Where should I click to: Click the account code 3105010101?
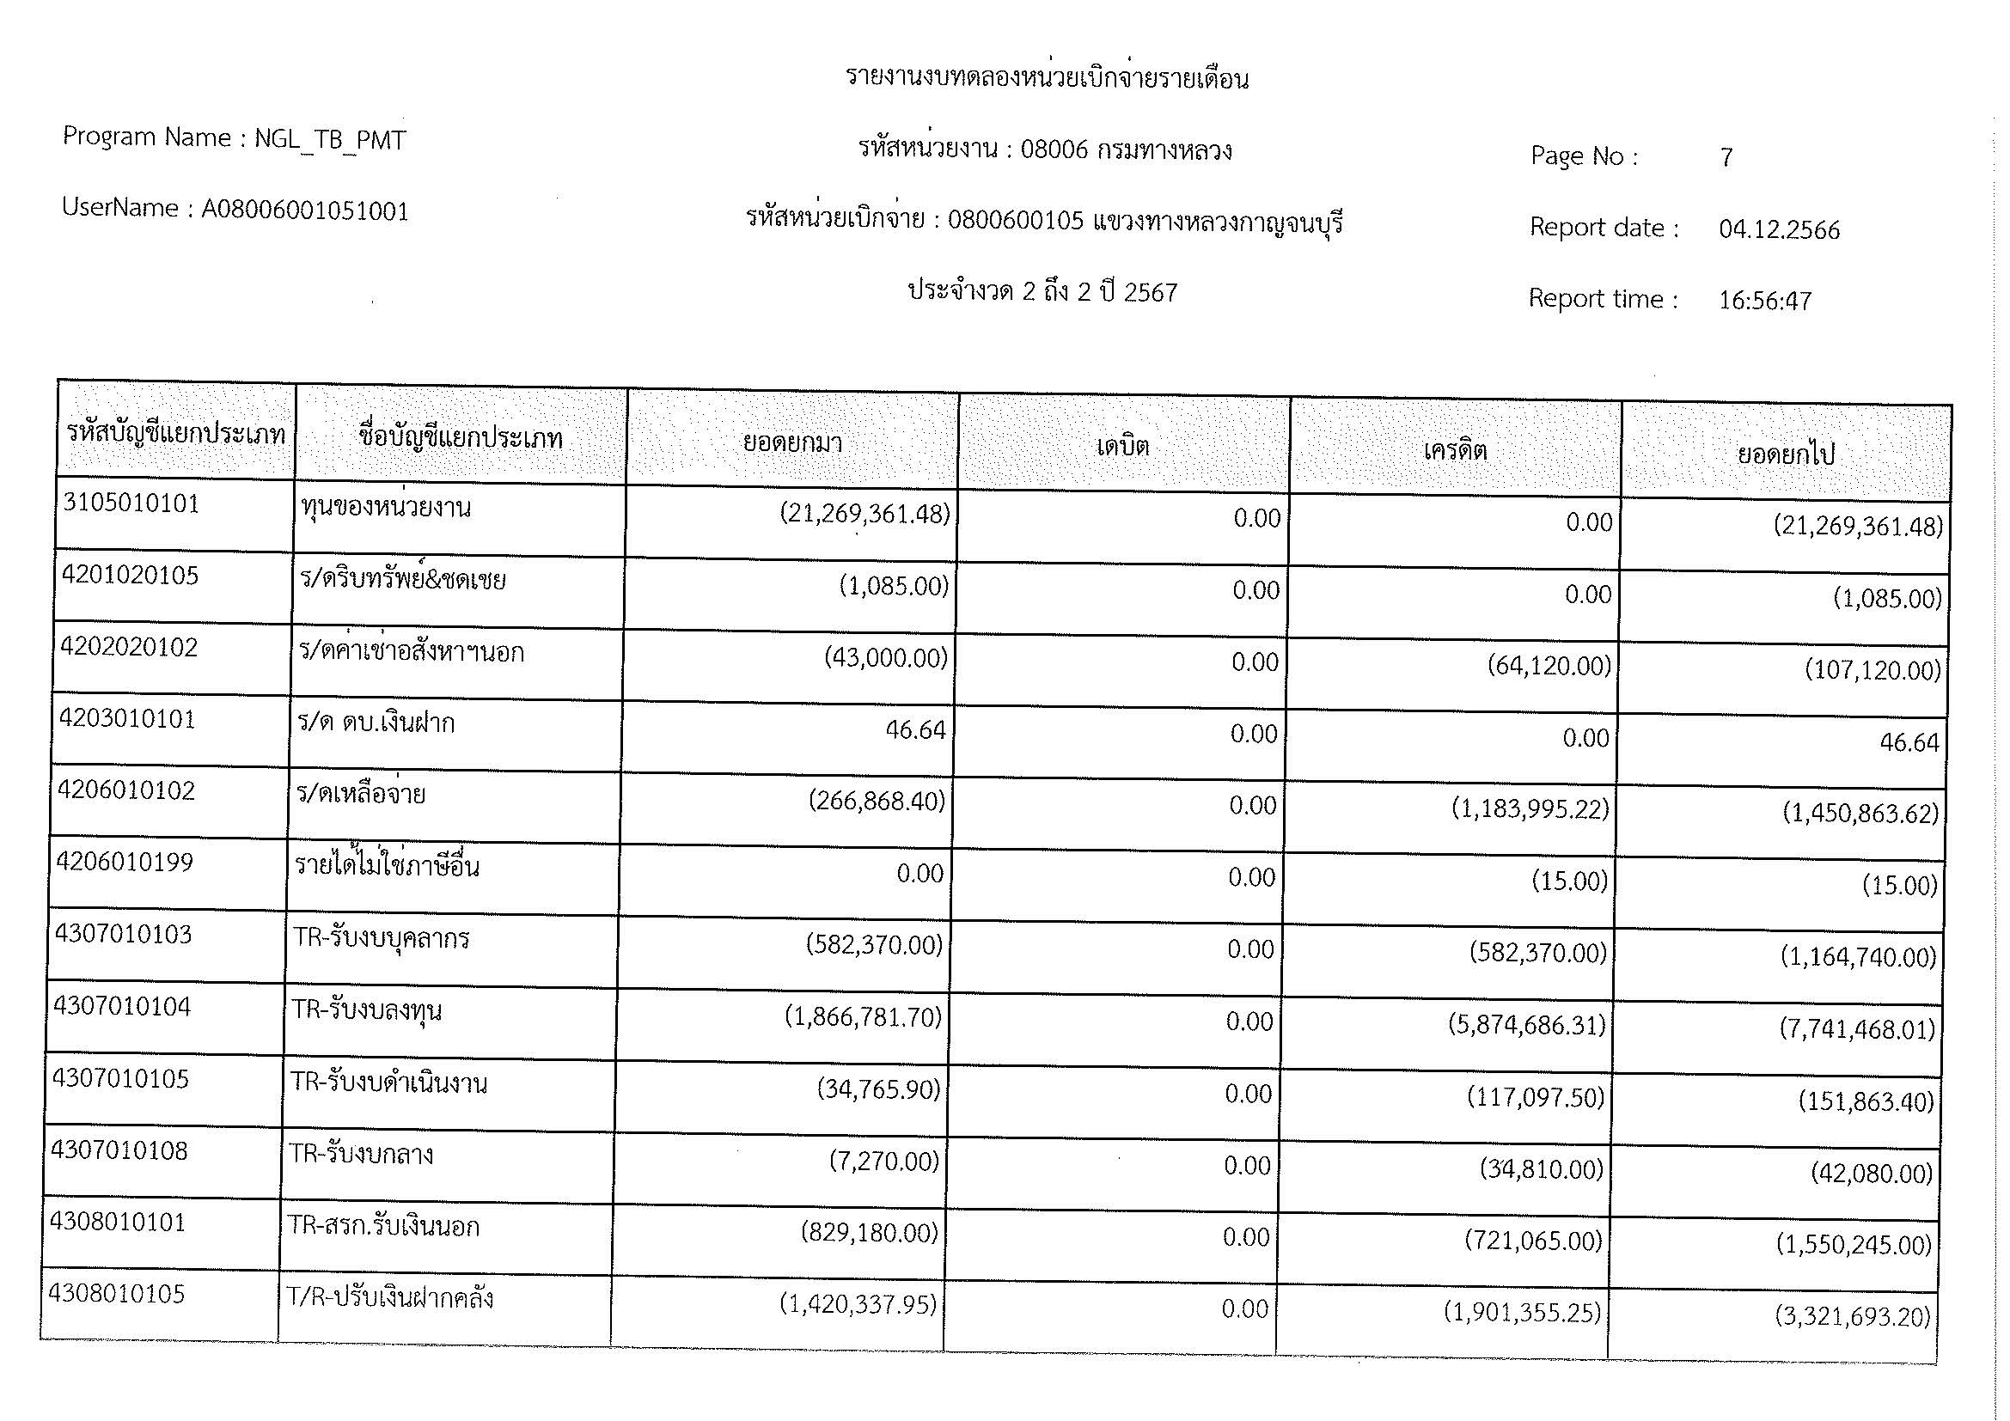point(131,504)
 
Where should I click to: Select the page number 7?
point(1726,158)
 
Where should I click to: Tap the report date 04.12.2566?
point(1779,230)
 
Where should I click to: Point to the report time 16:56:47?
point(1765,301)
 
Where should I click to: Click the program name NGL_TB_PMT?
point(330,140)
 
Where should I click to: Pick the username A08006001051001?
point(306,210)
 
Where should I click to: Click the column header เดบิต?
point(1122,447)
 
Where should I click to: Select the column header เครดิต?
point(1455,451)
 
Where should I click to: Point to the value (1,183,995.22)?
point(1530,809)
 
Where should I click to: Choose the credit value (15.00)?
point(1570,881)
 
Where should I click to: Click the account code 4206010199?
point(125,863)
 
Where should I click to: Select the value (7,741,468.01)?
point(1857,1029)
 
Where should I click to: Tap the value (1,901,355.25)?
point(1523,1314)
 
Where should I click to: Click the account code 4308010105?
point(118,1294)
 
